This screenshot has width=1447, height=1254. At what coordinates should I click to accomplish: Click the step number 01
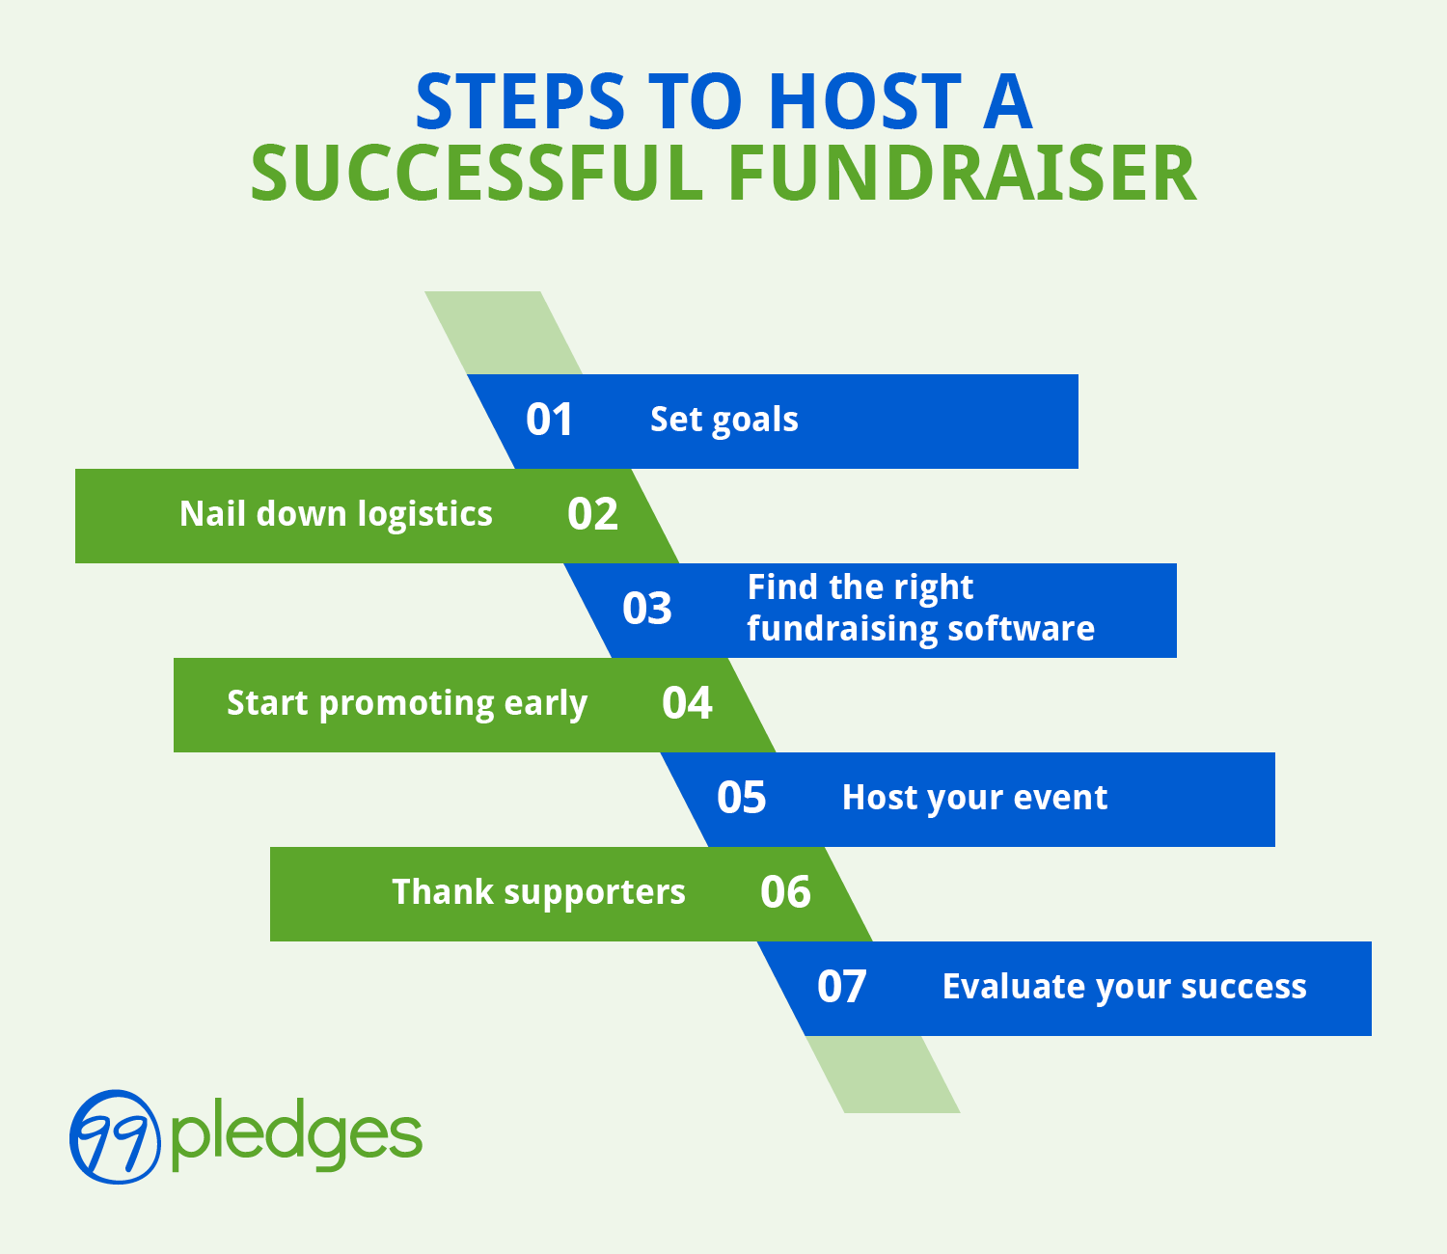(x=549, y=420)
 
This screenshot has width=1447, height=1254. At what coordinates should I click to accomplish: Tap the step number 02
(x=592, y=514)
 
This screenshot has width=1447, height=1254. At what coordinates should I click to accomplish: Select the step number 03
(x=647, y=609)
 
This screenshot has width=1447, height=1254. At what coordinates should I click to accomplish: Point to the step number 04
(x=687, y=703)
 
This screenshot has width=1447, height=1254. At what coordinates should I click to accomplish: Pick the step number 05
(x=742, y=798)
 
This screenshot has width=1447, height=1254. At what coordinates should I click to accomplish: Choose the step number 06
(x=785, y=892)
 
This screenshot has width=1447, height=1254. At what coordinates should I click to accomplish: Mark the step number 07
(x=842, y=987)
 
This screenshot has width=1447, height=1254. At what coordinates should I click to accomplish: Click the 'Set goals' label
(x=723, y=420)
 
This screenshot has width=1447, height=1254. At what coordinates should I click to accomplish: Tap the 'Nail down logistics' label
(x=336, y=514)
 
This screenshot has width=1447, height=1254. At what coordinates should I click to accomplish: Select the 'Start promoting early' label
(x=406, y=703)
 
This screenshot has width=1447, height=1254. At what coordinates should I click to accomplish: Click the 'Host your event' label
(x=974, y=798)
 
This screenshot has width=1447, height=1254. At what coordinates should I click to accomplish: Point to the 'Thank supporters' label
(x=538, y=892)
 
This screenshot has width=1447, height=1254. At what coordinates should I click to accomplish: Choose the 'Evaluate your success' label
(x=1124, y=987)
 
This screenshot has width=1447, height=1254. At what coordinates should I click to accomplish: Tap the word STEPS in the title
(x=520, y=101)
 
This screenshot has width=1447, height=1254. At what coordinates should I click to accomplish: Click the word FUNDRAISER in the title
(x=962, y=174)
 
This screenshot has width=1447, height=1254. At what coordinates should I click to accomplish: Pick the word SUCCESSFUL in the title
(x=478, y=174)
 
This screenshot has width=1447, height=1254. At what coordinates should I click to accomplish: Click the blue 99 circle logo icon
(x=115, y=1136)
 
